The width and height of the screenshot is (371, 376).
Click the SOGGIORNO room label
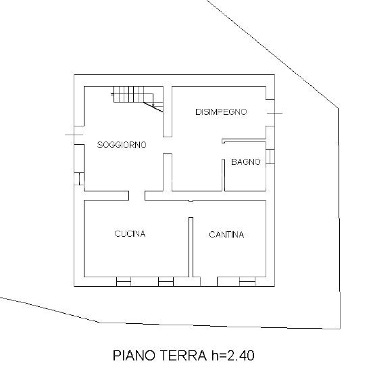[x=122, y=145]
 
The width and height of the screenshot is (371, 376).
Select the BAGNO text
[x=246, y=162]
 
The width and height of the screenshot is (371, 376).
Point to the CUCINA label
[x=130, y=234]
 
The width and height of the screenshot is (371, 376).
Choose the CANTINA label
[x=226, y=235]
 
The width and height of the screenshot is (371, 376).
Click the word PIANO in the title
[x=133, y=355]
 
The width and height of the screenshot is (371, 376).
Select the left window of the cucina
[x=124, y=281]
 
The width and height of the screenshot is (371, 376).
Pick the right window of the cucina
[x=166, y=281]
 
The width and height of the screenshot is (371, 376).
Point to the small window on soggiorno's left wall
[x=79, y=179]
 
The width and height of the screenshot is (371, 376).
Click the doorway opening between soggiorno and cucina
[x=137, y=195]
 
